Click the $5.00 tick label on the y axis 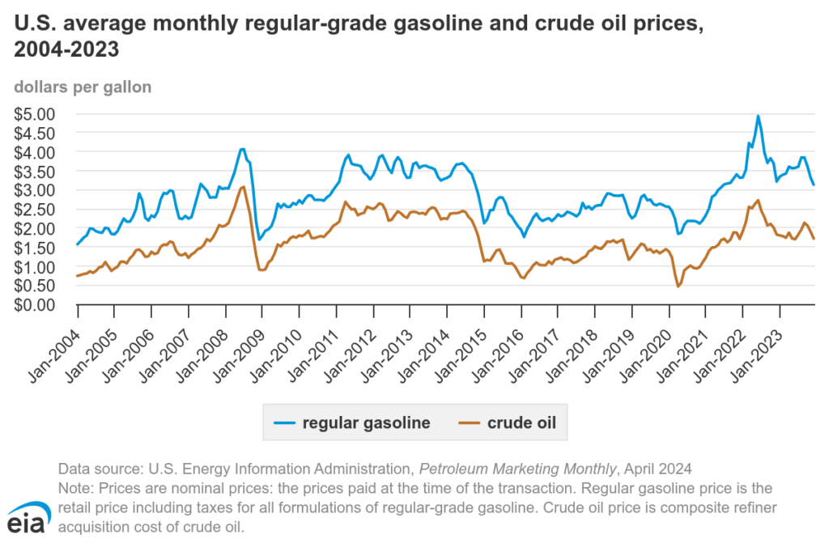click(x=36, y=113)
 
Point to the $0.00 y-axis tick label click(x=36, y=305)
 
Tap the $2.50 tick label click(x=36, y=210)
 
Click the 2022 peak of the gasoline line click(x=758, y=116)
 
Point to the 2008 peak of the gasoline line click(x=242, y=149)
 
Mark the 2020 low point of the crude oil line click(x=678, y=286)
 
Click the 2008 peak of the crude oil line click(x=243, y=187)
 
